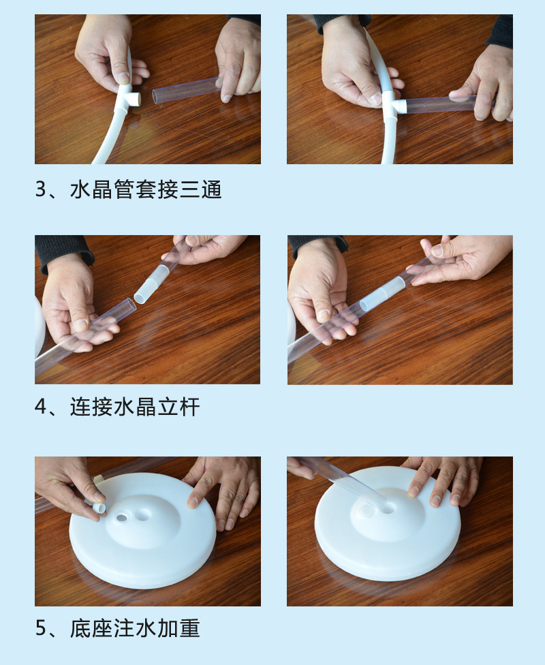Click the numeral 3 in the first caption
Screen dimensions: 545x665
(x=40, y=189)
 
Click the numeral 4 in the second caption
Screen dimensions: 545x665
(x=40, y=407)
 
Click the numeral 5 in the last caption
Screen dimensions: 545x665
(x=40, y=628)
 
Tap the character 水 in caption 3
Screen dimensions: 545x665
(x=80, y=189)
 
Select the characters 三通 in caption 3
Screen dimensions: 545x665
(x=200, y=189)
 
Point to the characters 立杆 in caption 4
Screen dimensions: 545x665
(x=178, y=407)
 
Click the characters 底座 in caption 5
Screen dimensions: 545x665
(x=91, y=628)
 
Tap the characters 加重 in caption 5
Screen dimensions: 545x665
(x=178, y=628)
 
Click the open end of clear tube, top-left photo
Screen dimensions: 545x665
(x=155, y=96)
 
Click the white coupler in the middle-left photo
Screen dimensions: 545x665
(x=147, y=288)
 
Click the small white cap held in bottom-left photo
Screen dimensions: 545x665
(x=98, y=508)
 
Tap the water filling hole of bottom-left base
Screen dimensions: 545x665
(x=122, y=518)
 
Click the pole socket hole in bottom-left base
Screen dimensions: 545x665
(x=142, y=514)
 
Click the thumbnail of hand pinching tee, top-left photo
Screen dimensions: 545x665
(x=123, y=78)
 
